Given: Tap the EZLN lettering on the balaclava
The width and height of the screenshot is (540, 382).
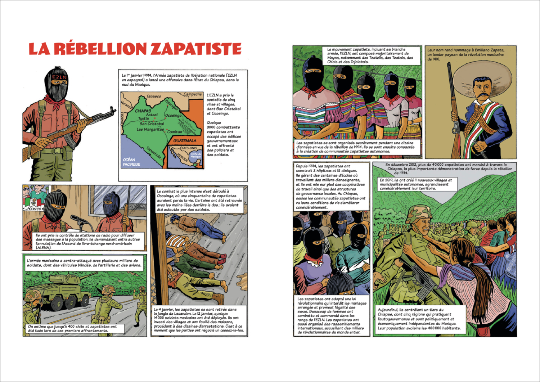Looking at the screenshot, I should (59, 77).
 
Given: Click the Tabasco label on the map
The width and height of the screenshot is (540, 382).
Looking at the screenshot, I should (154, 96).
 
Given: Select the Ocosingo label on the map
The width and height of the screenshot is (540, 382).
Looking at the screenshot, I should (173, 115).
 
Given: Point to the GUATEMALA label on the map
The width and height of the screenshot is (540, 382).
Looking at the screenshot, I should (185, 140).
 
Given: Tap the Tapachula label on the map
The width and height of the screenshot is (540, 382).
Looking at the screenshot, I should (154, 152).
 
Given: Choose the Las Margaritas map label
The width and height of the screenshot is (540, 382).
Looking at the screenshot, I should (150, 129).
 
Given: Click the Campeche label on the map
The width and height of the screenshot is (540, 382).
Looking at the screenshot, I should (193, 94).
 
